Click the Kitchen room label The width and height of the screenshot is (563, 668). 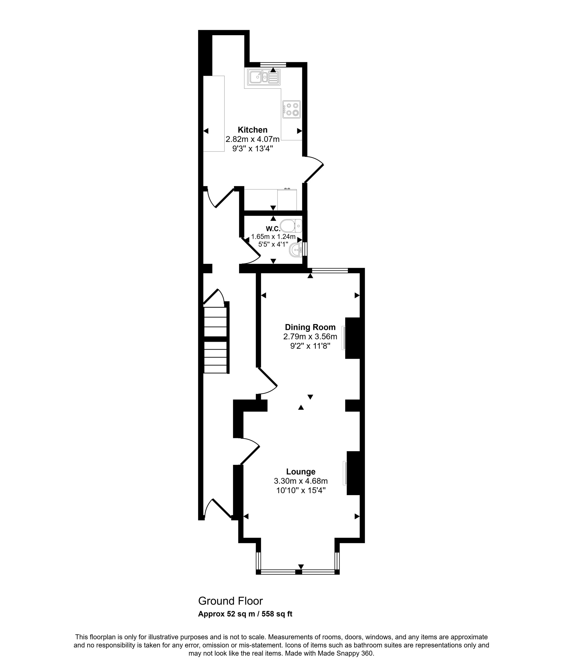click(x=253, y=130)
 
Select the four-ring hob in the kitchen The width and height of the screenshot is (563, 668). click(x=291, y=109)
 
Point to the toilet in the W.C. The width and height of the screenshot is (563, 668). click(x=291, y=226)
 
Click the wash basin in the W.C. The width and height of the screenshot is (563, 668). click(x=296, y=250)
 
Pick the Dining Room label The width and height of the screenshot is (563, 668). click(x=310, y=327)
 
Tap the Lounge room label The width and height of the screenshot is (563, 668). click(x=301, y=471)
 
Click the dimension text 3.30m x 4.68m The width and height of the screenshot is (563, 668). click(x=301, y=481)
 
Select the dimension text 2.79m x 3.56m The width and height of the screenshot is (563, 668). click(x=310, y=337)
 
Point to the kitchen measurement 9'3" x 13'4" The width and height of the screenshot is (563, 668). click(x=253, y=148)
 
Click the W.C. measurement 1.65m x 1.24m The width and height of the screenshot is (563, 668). click(x=273, y=237)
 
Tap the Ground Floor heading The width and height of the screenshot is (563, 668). click(x=231, y=601)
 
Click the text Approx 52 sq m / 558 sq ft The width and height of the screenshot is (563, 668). click(x=245, y=614)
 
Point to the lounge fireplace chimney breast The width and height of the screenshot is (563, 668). click(x=354, y=473)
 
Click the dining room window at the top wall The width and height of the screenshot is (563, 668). click(x=330, y=270)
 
